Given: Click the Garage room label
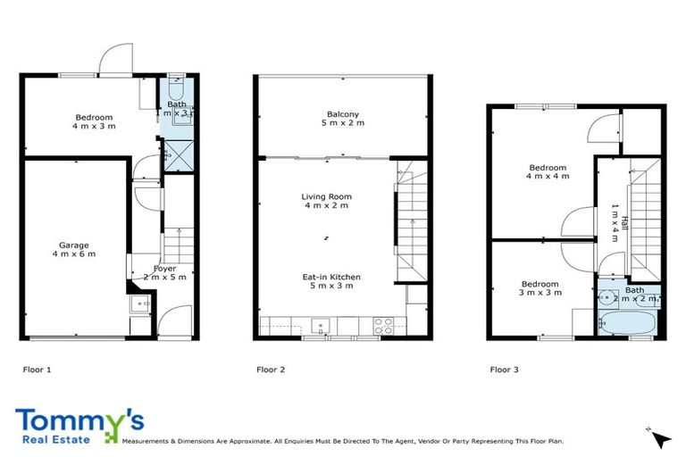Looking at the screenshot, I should pyautogui.click(x=73, y=249).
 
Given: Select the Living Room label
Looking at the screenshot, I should pyautogui.click(x=326, y=201).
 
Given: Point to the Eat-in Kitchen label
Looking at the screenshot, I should pyautogui.click(x=328, y=281).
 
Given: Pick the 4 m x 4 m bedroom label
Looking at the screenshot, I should pyautogui.click(x=548, y=172).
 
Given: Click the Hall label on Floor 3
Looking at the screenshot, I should pyautogui.click(x=614, y=220).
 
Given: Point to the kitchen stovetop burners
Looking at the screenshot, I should pyautogui.click(x=383, y=327).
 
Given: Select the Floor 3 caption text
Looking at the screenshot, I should pyautogui.click(x=504, y=369).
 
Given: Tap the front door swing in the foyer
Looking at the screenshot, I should pyautogui.click(x=177, y=319).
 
